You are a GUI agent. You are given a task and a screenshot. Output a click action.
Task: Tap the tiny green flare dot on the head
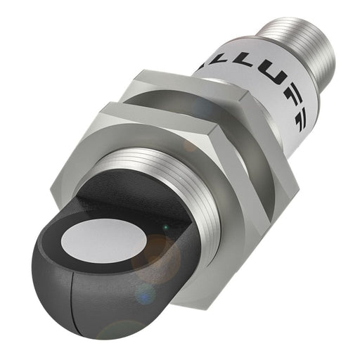click(x=162, y=226)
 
